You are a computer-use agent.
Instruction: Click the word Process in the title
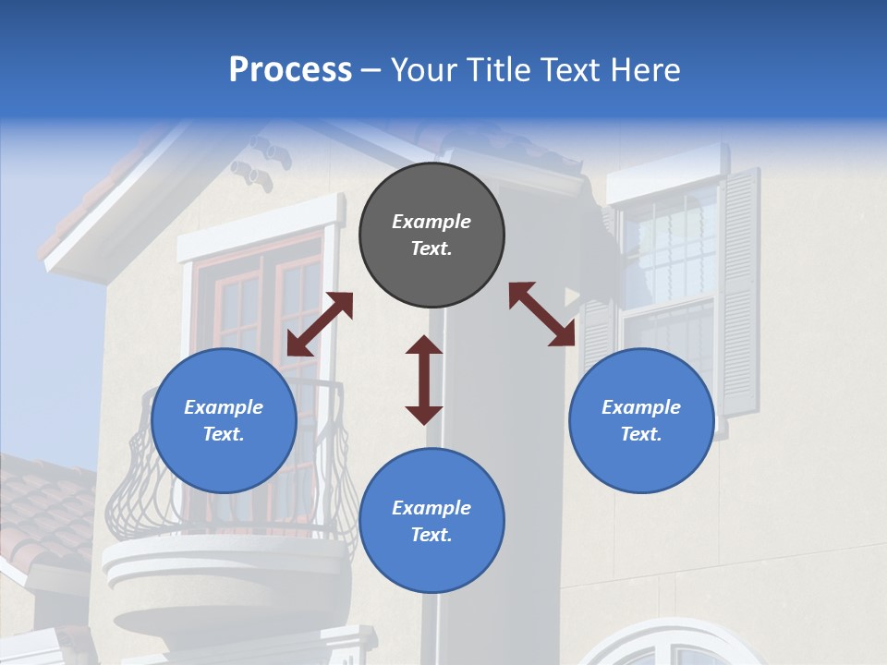[x=290, y=69]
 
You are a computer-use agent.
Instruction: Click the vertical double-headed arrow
[x=424, y=380]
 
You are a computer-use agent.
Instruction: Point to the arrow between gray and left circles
[x=320, y=323]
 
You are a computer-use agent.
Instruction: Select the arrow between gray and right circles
[x=542, y=314]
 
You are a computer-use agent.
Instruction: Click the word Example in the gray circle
[x=431, y=222]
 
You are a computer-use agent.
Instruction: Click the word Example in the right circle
[x=641, y=407]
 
